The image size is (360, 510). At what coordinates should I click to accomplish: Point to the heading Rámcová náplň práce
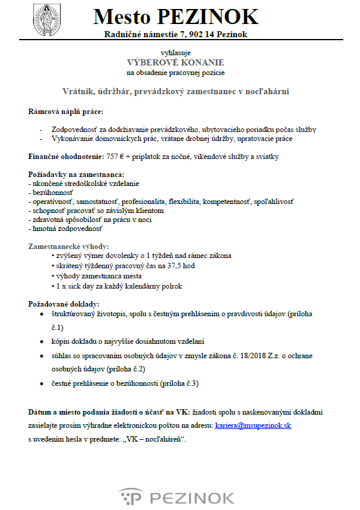[x=66, y=112]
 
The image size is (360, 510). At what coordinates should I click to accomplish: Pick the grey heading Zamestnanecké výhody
[x=69, y=247]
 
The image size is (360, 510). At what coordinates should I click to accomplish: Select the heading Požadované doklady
[x=64, y=304]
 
